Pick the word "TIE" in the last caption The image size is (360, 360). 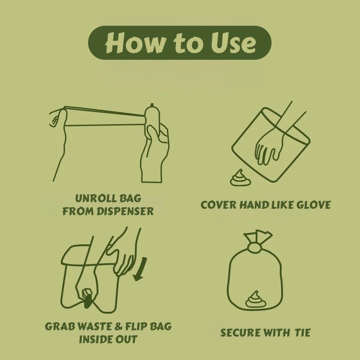(x=303, y=333)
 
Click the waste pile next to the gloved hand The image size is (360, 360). (x=237, y=179)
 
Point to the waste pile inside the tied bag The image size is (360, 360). (x=255, y=299)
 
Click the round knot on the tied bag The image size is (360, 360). (x=255, y=247)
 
